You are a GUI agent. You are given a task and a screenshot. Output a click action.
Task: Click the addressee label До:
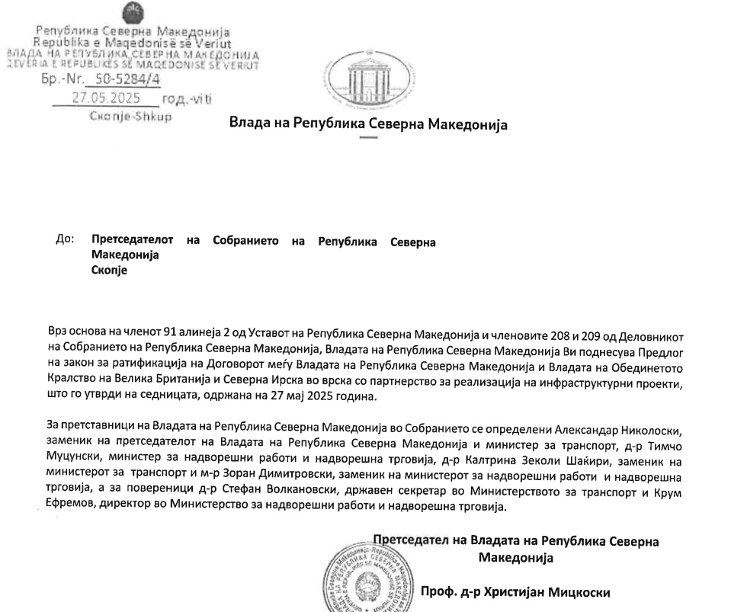click(x=65, y=240)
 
